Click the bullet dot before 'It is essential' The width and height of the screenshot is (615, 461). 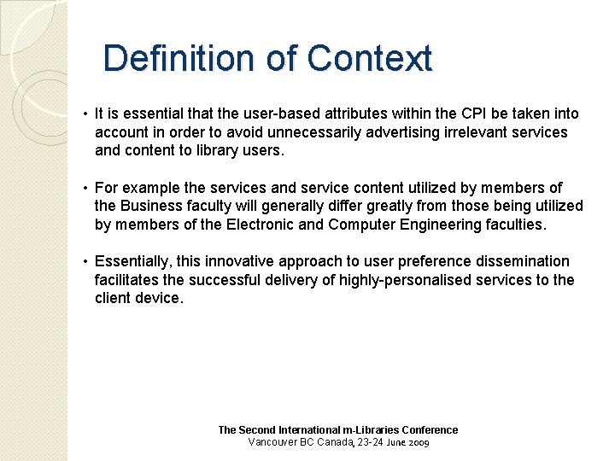86,114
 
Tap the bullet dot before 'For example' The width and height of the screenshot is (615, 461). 86,188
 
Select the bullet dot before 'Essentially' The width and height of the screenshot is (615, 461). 86,261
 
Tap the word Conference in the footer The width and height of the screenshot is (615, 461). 430,430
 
